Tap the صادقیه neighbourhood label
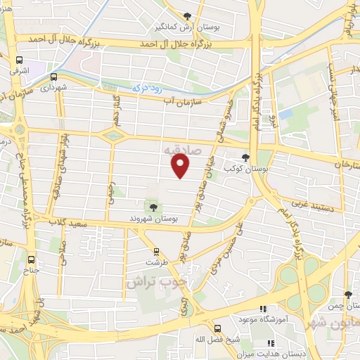click(181, 150)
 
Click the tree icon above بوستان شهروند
click(153, 206)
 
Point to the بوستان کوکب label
click(243, 169)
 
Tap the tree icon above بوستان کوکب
click(245, 157)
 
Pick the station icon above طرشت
click(156, 251)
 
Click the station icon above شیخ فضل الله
click(216, 328)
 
